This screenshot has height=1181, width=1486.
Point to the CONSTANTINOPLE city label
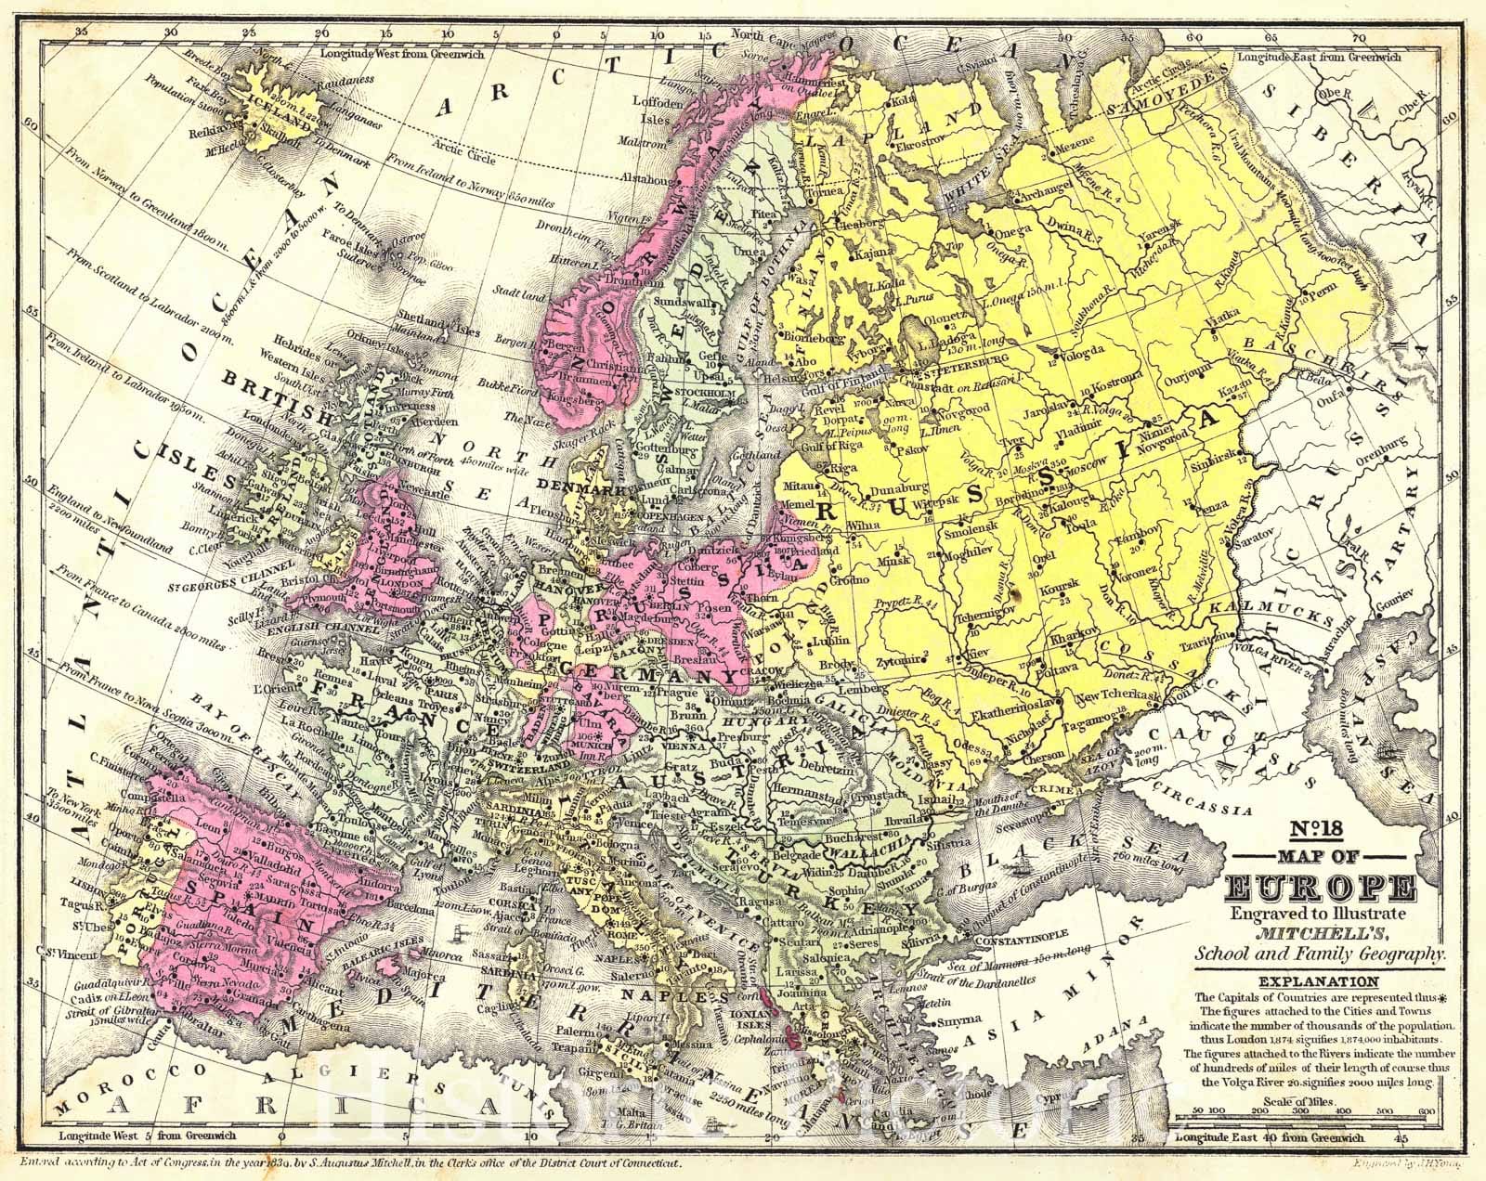point(1019,940)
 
